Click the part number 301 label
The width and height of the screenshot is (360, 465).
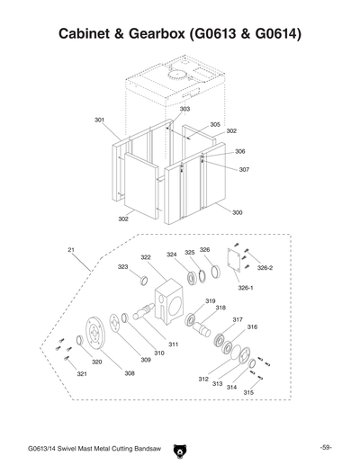pyautogui.click(x=99, y=119)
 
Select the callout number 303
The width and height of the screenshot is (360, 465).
pyautogui.click(x=184, y=109)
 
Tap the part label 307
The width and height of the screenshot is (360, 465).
pyautogui.click(x=244, y=169)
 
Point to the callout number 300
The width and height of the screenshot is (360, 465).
pyautogui.click(x=237, y=213)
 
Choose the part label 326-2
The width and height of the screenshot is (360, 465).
pyautogui.click(x=265, y=267)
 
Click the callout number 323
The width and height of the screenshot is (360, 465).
pyautogui.click(x=122, y=267)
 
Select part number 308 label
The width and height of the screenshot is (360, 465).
pyautogui.click(x=130, y=372)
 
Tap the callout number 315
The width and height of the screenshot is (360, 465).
pyautogui.click(x=247, y=393)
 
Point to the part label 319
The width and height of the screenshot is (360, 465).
pyautogui.click(x=210, y=301)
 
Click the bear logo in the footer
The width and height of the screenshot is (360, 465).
pyautogui.click(x=179, y=447)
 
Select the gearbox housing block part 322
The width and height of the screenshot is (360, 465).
pyautogui.click(x=167, y=298)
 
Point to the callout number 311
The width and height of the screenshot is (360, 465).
pyautogui.click(x=173, y=344)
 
